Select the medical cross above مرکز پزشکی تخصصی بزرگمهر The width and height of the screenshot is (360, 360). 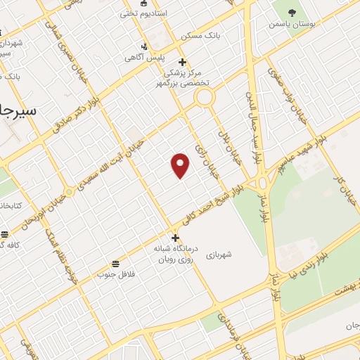[182, 61]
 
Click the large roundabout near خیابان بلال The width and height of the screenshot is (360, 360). [205, 97]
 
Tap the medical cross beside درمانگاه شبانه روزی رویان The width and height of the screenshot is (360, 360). [175, 237]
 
